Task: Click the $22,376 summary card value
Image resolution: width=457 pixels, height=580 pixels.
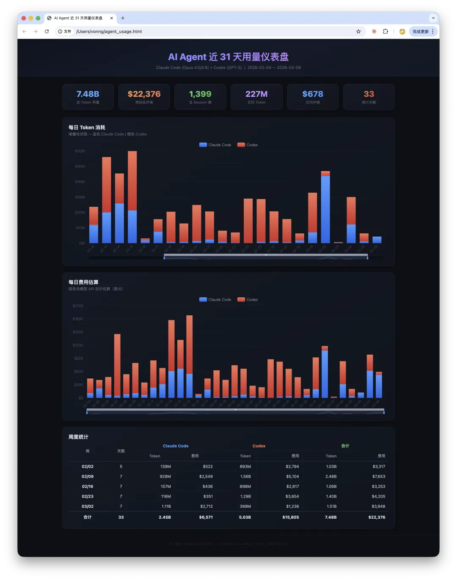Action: click(144, 94)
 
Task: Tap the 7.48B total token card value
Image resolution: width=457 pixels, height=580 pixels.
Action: click(88, 94)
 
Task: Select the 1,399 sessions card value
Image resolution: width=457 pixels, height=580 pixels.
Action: click(200, 94)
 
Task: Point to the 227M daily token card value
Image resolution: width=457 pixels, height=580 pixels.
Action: click(256, 94)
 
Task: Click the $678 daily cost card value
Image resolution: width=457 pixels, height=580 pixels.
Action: click(313, 94)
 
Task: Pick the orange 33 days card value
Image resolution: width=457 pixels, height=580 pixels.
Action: click(369, 94)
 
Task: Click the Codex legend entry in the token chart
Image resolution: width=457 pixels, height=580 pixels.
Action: click(248, 145)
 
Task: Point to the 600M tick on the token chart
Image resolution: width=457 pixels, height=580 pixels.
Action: click(80, 151)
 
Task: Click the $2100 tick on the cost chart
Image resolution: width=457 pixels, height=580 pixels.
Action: click(78, 306)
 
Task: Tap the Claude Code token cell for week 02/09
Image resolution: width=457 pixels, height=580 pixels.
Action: click(165, 476)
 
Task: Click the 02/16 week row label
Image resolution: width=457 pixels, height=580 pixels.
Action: click(88, 487)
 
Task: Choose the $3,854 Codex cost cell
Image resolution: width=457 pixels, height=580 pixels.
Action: click(292, 497)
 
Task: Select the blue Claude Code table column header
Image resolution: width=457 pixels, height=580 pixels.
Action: click(176, 446)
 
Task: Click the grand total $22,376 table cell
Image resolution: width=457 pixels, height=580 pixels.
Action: click(377, 517)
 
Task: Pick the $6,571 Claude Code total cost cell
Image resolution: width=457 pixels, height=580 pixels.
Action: click(206, 517)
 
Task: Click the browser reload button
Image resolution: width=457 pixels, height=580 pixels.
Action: click(47, 32)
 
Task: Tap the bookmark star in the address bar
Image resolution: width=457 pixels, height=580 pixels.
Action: click(358, 32)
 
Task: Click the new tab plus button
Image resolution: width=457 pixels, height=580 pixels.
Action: click(123, 18)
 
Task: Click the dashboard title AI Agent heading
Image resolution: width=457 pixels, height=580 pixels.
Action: click(228, 57)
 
